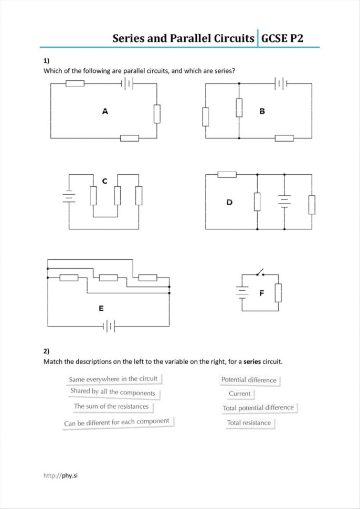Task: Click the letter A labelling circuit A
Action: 105,111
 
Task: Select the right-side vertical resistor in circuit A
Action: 156,114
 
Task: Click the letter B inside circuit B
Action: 262,111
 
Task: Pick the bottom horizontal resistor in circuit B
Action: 284,139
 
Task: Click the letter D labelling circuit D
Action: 229,202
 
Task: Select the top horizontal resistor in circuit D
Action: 227,174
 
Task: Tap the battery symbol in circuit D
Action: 284,202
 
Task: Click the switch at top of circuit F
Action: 260,273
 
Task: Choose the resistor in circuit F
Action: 278,293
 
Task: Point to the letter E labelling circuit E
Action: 101,309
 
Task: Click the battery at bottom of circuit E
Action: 109,326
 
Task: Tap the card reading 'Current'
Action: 239,394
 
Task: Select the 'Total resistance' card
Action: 249,422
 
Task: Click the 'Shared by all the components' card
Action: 113,392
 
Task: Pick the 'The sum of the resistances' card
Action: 111,406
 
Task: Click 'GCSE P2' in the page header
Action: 282,38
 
